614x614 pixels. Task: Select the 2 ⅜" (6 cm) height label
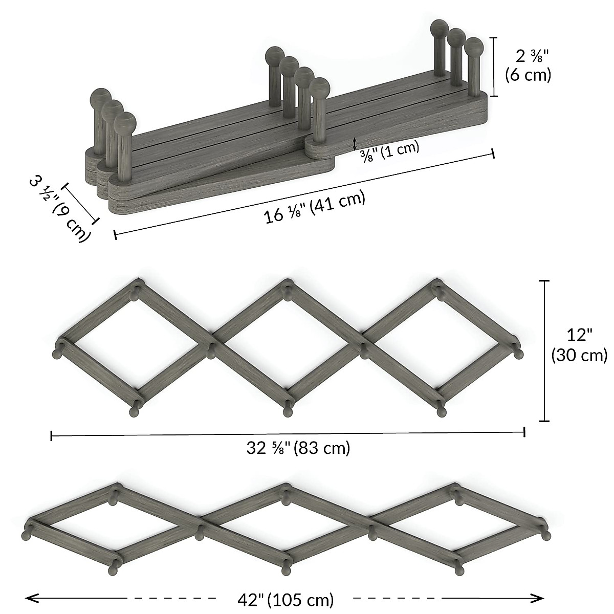tap(528, 65)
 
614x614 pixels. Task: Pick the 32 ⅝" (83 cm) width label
tap(298, 448)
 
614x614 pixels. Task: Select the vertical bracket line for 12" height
tap(544, 350)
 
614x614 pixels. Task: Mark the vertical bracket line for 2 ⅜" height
tap(493, 67)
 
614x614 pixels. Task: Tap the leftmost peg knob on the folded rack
tap(101, 98)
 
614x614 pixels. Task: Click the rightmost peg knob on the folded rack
tap(473, 48)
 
